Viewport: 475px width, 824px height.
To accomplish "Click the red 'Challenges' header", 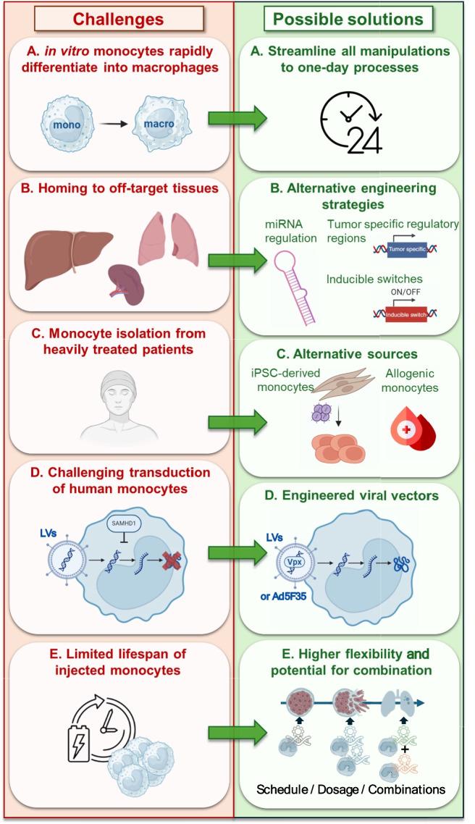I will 118,20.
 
